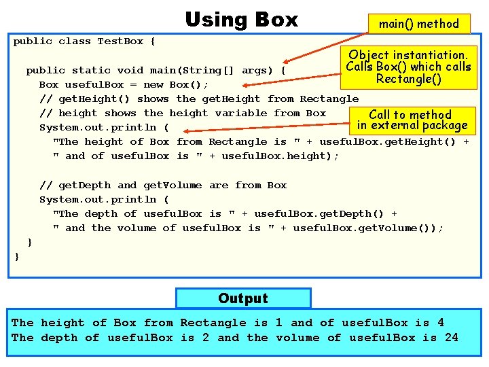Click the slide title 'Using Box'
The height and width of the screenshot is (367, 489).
coord(241,19)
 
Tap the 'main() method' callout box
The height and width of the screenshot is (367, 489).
coord(418,24)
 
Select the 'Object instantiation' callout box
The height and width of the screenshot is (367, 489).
coord(408,67)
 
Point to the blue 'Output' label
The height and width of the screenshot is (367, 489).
coord(243,298)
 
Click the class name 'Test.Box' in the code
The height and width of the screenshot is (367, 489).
coord(120,41)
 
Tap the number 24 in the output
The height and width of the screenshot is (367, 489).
coord(451,337)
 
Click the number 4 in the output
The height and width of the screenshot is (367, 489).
coord(440,323)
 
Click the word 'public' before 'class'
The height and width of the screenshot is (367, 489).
coord(33,41)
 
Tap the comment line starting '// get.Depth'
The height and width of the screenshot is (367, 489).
coord(163,185)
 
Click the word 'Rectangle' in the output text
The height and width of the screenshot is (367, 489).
coord(213,323)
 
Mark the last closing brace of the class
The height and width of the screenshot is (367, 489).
coord(17,256)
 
